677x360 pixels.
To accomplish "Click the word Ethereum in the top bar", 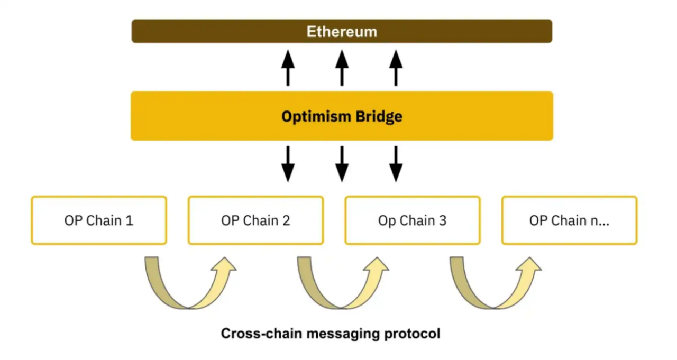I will click(x=342, y=31).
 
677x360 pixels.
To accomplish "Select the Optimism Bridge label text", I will click(x=342, y=116).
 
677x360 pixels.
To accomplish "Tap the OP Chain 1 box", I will click(x=99, y=220).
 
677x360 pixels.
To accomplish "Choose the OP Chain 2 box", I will click(x=255, y=220).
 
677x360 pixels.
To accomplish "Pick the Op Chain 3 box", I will click(x=413, y=220).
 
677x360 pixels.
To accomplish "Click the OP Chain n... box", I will click(x=569, y=220).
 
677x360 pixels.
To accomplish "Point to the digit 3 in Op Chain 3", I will click(x=442, y=220).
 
